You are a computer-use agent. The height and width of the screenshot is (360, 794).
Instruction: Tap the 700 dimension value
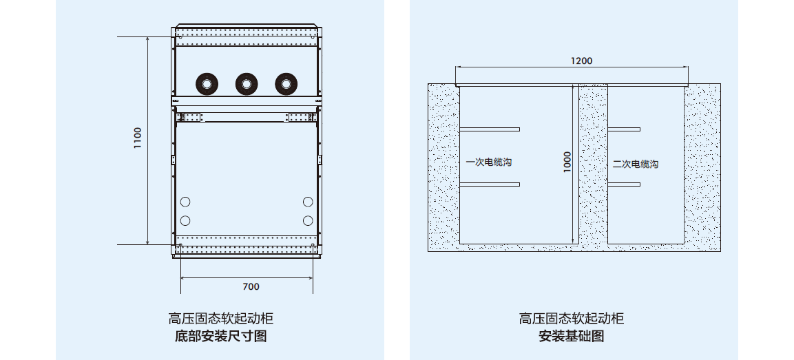tap(251, 286)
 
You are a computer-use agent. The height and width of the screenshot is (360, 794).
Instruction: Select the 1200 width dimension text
tap(581, 61)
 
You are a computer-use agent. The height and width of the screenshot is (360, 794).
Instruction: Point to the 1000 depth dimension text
tap(567, 162)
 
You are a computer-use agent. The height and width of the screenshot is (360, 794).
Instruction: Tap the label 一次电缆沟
tap(489, 163)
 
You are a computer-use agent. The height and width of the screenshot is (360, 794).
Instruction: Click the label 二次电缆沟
tap(636, 164)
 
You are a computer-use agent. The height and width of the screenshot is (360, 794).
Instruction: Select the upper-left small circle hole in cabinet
tap(185, 202)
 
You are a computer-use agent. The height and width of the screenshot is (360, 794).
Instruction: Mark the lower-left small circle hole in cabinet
tap(185, 220)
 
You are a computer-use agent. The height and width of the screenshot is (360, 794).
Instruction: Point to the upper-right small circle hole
tap(308, 202)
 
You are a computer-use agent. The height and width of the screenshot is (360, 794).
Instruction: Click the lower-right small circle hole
tap(308, 220)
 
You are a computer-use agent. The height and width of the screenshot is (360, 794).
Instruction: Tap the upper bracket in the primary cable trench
tap(490, 129)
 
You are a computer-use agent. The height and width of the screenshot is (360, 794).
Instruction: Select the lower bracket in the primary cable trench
tap(490, 184)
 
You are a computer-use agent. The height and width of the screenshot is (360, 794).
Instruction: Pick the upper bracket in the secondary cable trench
tap(624, 129)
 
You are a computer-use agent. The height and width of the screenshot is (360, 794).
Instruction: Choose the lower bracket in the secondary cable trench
tap(624, 184)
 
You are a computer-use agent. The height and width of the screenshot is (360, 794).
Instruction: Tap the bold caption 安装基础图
tap(572, 337)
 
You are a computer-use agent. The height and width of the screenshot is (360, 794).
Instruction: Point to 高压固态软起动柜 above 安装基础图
tap(572, 318)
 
